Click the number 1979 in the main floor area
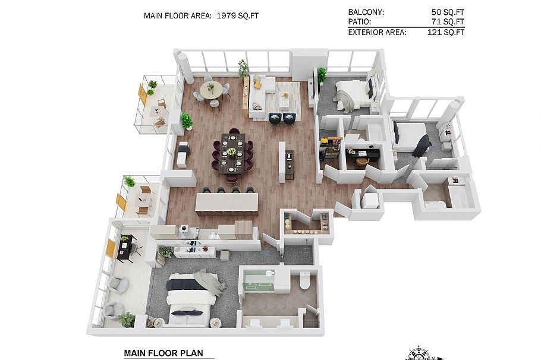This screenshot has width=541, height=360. pyautogui.click(x=226, y=15)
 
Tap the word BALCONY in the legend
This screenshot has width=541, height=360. pyautogui.click(x=366, y=12)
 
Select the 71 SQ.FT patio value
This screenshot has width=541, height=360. pyautogui.click(x=448, y=22)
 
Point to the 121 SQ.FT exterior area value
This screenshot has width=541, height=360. pyautogui.click(x=446, y=33)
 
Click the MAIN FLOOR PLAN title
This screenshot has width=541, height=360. pyautogui.click(x=163, y=353)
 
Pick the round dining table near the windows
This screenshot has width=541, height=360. pyautogui.click(x=212, y=89)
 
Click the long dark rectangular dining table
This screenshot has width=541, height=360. pyautogui.click(x=233, y=153)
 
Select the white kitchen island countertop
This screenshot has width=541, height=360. pyautogui.click(x=227, y=202)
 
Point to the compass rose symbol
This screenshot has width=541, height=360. pyautogui.click(x=419, y=353)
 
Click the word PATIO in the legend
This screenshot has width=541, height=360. pyautogui.click(x=360, y=22)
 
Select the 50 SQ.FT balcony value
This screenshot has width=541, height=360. pyautogui.click(x=448, y=12)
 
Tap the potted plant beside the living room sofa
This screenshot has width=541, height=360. pyautogui.click(x=243, y=68)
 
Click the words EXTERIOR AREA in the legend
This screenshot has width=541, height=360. pyautogui.click(x=377, y=33)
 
